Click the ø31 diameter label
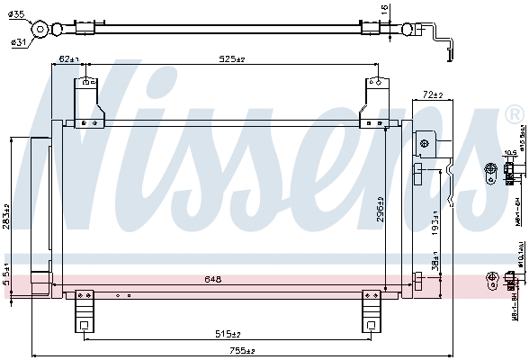[x=17, y=41]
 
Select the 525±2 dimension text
[x=232, y=59]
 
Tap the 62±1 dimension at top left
[x=69, y=59]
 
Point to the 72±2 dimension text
[x=434, y=94]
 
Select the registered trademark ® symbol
[x=514, y=114]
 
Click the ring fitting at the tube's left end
[x=40, y=30]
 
